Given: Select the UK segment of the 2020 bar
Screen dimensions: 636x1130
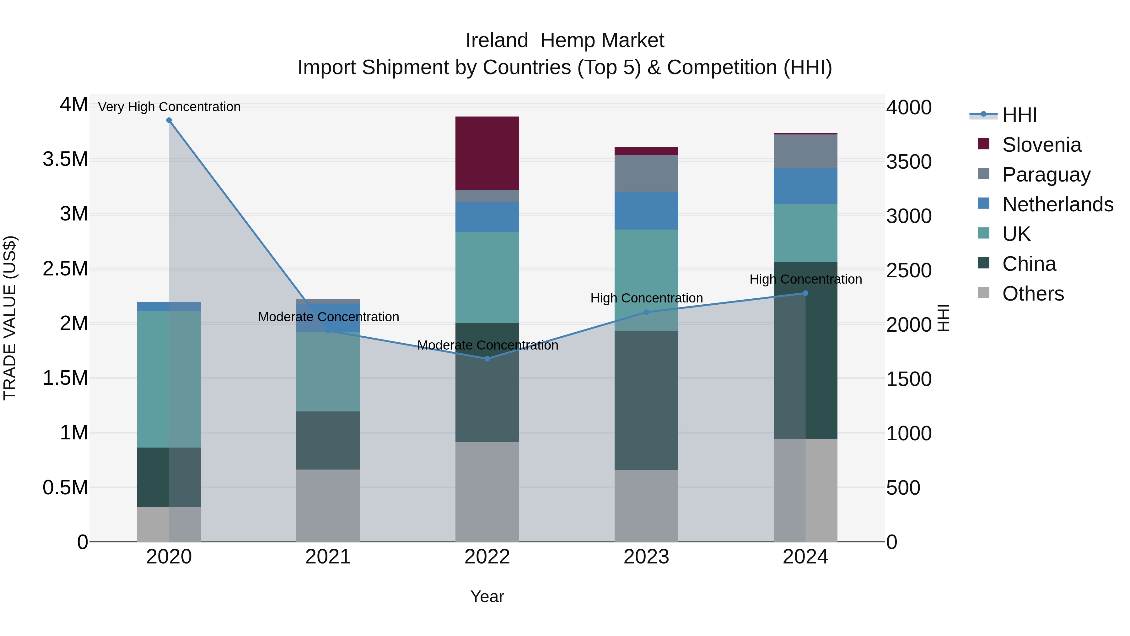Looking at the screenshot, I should (x=169, y=379).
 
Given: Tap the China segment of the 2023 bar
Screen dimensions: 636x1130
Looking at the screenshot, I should (x=646, y=400).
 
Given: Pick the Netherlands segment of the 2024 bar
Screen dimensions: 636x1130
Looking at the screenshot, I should (x=805, y=186).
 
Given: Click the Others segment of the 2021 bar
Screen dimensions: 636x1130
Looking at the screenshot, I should (x=328, y=506).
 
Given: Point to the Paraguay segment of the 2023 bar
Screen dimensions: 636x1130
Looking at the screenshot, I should (x=646, y=173).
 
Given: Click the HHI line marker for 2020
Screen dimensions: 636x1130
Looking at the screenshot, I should (x=169, y=120).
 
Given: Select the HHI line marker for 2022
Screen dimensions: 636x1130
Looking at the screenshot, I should (x=487, y=359).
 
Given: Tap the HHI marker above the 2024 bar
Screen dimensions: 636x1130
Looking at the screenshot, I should (x=805, y=293).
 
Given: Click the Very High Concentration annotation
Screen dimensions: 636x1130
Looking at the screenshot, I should (x=169, y=107).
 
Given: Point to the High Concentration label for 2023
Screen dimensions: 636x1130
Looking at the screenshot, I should (x=646, y=298).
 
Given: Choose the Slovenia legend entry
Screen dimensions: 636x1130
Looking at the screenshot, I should (x=1041, y=145).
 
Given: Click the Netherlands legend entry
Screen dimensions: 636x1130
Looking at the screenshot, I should (x=1057, y=204).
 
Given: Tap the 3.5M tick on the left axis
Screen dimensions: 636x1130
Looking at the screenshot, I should (x=65, y=159).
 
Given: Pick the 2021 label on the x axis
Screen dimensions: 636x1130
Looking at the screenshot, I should (x=328, y=557).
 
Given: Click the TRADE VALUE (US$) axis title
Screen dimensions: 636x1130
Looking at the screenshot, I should (x=10, y=318).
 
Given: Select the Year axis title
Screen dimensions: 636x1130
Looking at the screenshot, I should (x=487, y=596).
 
